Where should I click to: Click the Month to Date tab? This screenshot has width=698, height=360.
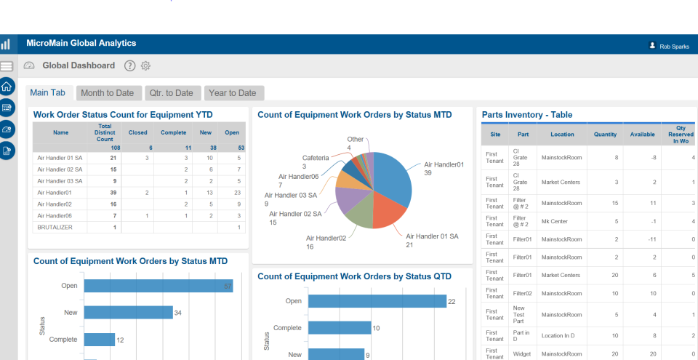tap(107, 93)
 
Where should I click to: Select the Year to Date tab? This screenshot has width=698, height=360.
tap(232, 93)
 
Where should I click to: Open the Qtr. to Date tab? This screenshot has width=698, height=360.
tap(171, 93)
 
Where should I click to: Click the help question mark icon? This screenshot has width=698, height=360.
tap(130, 65)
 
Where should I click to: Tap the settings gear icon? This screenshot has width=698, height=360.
tap(145, 65)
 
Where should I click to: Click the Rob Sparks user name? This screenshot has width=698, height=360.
tap(674, 46)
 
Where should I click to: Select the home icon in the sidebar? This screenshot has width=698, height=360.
tap(7, 87)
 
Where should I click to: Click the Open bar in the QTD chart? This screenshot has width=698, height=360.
tap(377, 301)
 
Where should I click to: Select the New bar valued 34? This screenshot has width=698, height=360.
tap(128, 312)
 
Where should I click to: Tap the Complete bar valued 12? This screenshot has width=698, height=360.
tap(99, 340)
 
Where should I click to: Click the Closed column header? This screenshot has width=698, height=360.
tap(137, 133)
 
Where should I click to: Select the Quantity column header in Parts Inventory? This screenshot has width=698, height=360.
tap(605, 135)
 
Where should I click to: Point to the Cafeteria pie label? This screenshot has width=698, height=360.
tap(315, 157)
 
